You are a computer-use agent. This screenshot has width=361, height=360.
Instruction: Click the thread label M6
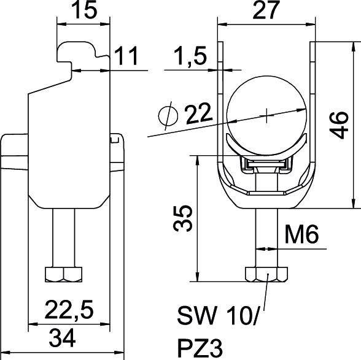pos(302,235)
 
